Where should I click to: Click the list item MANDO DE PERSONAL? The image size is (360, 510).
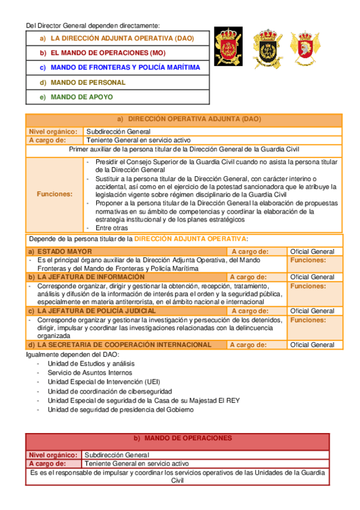pos(88,82)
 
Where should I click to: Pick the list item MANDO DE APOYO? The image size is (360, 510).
pos(81,97)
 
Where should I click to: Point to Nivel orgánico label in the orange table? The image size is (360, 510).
pos(53,131)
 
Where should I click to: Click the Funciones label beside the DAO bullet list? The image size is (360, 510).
pos(55,194)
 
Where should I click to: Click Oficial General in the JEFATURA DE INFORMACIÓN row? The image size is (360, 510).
pos(312,277)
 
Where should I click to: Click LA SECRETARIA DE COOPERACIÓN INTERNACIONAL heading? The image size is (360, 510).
pos(124,345)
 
